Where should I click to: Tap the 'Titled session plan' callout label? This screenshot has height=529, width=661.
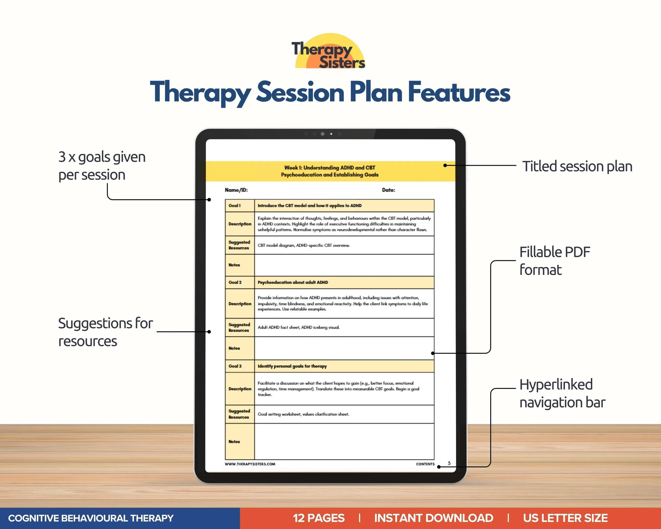point(577,167)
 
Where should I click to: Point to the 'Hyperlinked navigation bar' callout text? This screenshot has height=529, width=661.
point(562,394)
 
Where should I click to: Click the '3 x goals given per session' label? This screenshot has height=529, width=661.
point(102,166)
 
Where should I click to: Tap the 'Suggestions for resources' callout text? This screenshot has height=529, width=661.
point(105,332)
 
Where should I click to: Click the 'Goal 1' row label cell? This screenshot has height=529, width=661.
point(240,206)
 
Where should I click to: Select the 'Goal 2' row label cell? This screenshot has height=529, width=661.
point(240,282)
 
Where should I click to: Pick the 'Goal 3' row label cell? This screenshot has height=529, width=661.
point(240,366)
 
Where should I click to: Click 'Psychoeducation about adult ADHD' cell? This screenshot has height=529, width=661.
point(344,282)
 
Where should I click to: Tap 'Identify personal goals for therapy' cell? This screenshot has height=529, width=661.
point(344,366)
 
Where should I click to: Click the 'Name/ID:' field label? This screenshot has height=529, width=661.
point(236,190)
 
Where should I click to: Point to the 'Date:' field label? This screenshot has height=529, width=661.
point(388,190)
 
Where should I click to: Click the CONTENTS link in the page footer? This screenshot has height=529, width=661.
point(425,464)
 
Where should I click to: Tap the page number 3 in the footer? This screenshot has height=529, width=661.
point(449,463)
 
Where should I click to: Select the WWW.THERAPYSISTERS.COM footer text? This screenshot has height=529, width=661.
point(250,464)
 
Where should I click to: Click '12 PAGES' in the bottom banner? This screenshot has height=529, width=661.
point(319,518)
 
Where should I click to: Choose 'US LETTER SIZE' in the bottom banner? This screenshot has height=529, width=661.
point(565,518)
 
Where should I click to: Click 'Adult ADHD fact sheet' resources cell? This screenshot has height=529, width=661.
point(344,327)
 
